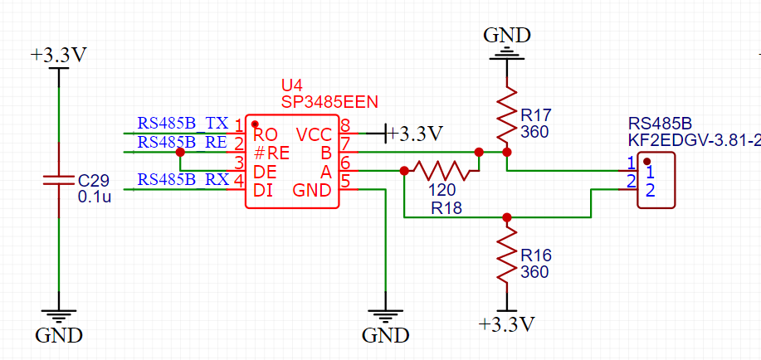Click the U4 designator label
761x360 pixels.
click(291, 86)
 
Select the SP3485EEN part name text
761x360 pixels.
click(329, 102)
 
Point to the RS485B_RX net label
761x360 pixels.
click(183, 179)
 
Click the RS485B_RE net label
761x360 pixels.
click(183, 142)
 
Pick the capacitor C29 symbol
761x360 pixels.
click(58, 180)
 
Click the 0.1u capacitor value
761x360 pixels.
click(95, 197)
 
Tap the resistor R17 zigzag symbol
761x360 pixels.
click(507, 110)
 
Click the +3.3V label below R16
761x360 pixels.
click(507, 323)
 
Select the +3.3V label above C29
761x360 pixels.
click(58, 56)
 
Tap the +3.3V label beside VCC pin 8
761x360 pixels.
click(415, 133)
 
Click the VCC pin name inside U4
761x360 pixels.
click(314, 134)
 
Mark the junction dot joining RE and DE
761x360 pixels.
click(180, 152)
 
